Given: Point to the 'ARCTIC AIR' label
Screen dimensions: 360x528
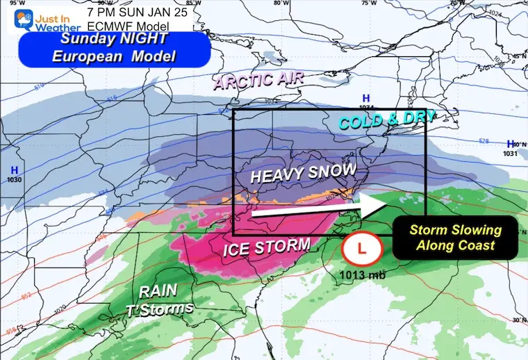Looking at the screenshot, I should tap(258, 81).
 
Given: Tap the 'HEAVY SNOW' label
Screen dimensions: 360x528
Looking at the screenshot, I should tap(303, 173).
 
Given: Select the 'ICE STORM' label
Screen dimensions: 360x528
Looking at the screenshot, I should tap(266, 245).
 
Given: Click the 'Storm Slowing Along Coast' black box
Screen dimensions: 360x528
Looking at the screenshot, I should tap(454, 237).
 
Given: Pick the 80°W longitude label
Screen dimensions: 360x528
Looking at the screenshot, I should tap(280, 3).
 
